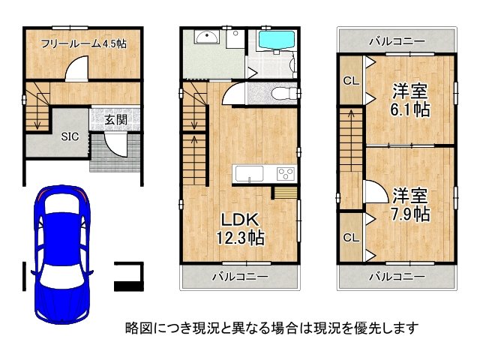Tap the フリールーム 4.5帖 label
click(83, 44)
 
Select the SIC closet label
click(69, 136)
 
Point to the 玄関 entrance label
click(115, 120)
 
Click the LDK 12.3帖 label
click(241, 229)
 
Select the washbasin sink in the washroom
click(205, 38)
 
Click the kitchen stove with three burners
click(286, 173)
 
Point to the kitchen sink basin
click(247, 174)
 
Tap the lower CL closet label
click(349, 238)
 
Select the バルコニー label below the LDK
click(241, 277)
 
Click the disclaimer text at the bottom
click(271, 328)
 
